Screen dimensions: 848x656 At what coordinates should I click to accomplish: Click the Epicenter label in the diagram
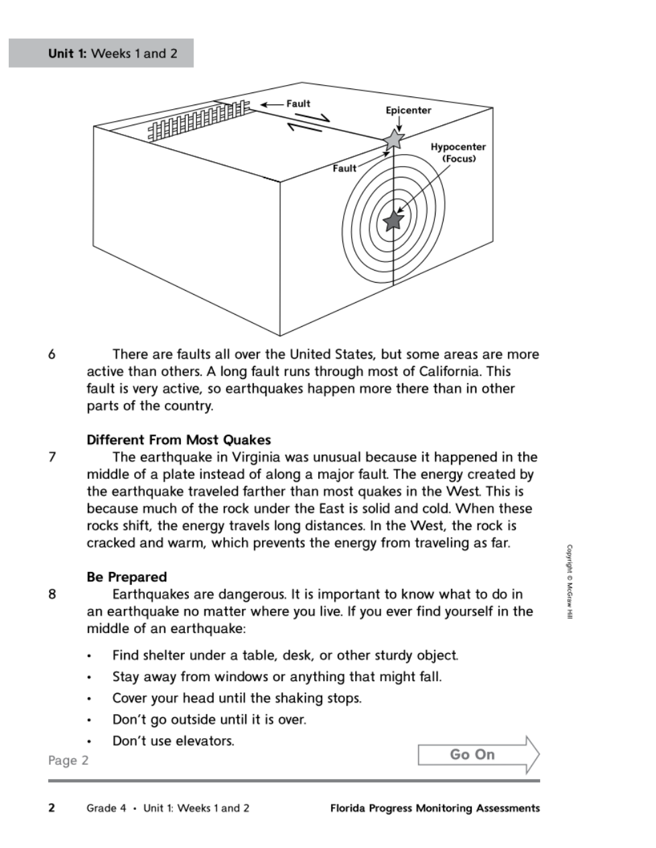(408, 111)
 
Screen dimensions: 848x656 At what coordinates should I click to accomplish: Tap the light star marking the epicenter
(394, 139)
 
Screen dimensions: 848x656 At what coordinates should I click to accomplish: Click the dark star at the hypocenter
(393, 220)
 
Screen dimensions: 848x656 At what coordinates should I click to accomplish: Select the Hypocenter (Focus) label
(458, 153)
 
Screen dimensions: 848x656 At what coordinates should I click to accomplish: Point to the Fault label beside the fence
(298, 104)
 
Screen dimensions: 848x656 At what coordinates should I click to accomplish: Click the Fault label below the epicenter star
(344, 169)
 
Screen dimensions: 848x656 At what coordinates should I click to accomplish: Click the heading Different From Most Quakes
(179, 440)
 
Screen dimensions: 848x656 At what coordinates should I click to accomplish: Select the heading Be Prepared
(127, 577)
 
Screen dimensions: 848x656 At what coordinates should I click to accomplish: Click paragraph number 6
(52, 354)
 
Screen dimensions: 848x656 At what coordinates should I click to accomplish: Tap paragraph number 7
(52, 457)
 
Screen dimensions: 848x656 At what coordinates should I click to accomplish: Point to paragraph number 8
(52, 594)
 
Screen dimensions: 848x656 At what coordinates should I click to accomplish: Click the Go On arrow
(478, 755)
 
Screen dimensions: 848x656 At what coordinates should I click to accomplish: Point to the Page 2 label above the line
(68, 761)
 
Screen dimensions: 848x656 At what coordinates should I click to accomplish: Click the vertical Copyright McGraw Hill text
(570, 581)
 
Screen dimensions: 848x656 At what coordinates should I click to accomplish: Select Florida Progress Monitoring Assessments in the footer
(435, 808)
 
